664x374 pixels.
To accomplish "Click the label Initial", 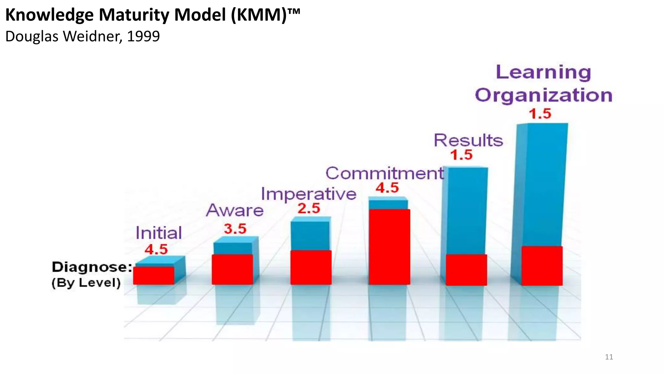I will coord(159,233).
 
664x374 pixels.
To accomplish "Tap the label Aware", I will coord(235,210).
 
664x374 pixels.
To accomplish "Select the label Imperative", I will coord(308,194).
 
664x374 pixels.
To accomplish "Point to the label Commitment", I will coord(385,173).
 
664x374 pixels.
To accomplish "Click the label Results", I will coord(468,141).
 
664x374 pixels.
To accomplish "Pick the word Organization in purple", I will coord(543,95).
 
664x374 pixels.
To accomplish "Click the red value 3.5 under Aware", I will coord(235,229).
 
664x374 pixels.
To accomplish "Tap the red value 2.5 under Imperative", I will coord(309,208).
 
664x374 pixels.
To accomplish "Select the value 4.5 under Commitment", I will coord(387,188).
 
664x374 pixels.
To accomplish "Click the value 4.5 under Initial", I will coord(156,249).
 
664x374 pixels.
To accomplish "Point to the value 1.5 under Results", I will coord(461,155).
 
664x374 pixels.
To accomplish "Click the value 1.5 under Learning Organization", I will coord(540,114).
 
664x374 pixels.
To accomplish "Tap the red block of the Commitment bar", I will coord(389,247).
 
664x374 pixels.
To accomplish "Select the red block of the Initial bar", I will coord(153,276).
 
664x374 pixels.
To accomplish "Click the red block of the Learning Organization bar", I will coord(542,266).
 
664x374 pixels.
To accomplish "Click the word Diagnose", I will coord(91,267).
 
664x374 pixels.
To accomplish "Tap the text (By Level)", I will coord(86,282).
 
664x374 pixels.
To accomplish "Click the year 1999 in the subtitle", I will coord(143,36).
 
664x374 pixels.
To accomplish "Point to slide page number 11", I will coord(609,357).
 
